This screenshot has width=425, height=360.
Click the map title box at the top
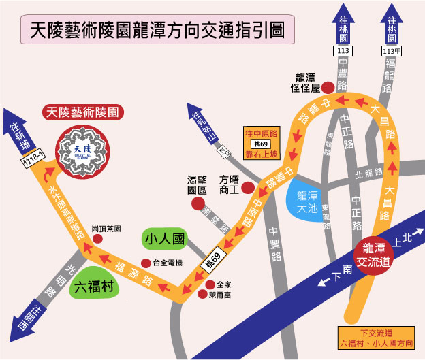click(x=153, y=30)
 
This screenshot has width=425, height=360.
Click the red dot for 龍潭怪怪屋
click(x=328, y=86)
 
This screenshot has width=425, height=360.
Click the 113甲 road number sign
click(x=392, y=51)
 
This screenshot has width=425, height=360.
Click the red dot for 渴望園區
click(x=198, y=203)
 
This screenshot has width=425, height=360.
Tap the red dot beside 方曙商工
click(x=248, y=186)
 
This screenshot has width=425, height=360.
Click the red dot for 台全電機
click(x=144, y=263)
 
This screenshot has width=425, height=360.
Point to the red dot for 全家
click(x=209, y=284)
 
